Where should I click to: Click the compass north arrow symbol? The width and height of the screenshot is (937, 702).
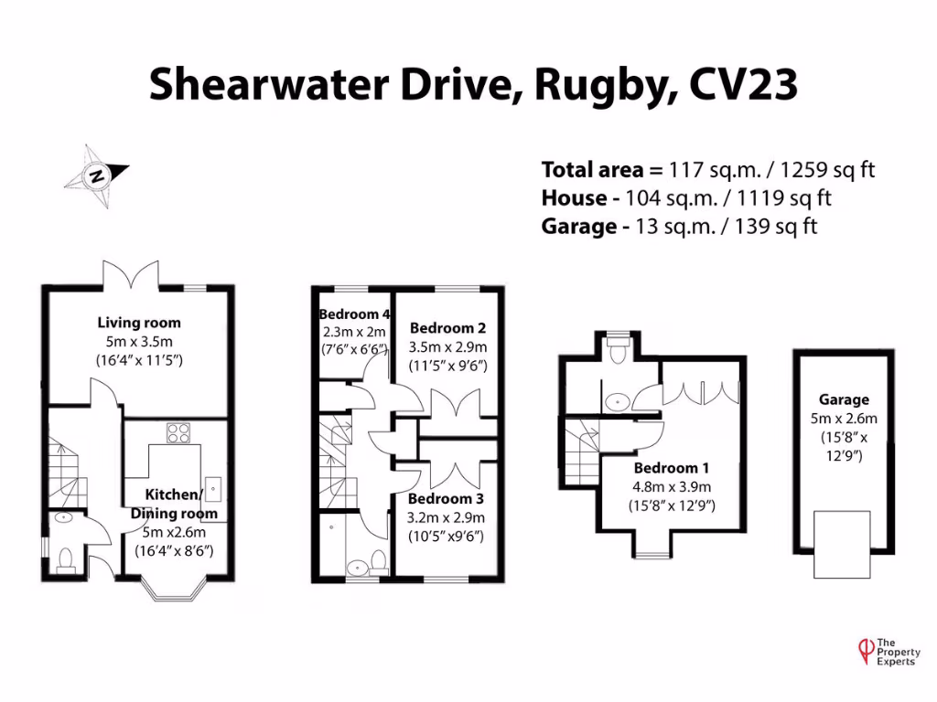tap(95, 174)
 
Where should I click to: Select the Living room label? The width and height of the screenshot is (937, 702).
tap(139, 323)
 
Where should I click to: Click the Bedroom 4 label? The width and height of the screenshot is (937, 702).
tap(354, 314)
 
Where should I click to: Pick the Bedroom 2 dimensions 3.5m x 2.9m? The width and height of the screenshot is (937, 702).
tap(447, 347)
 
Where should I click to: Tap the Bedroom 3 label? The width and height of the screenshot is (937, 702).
tap(446, 499)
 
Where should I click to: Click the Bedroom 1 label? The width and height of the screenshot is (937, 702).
tap(672, 469)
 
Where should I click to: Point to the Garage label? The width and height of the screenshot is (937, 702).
tap(845, 399)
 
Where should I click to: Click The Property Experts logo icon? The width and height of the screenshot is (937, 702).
tap(860, 649)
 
